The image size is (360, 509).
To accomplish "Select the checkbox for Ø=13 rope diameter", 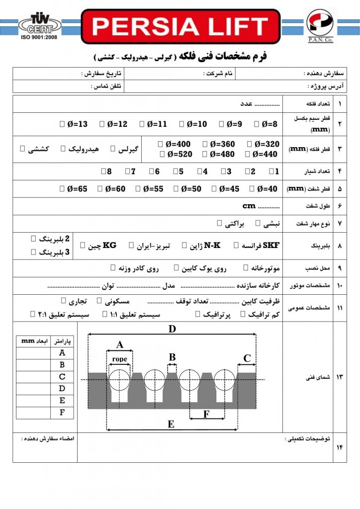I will point(61,124).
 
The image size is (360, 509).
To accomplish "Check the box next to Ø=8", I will point(256,124).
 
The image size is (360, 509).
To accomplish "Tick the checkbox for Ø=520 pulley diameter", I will point(161,155).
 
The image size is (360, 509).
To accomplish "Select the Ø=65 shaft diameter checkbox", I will point(61,189).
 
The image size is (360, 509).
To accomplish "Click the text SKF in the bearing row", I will point(271,245).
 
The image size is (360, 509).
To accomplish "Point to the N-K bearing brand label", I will point(212,245).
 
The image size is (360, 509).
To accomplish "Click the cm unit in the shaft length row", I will point(249,206).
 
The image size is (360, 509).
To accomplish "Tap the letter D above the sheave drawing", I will point(172,329).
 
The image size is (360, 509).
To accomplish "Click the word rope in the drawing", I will point(120,359).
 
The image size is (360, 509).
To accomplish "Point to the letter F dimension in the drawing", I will point(206,414).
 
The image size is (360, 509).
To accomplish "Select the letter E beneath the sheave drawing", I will point(171,424).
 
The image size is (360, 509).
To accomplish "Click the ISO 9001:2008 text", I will point(37,37).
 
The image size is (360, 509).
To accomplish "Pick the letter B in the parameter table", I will point(62,365).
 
